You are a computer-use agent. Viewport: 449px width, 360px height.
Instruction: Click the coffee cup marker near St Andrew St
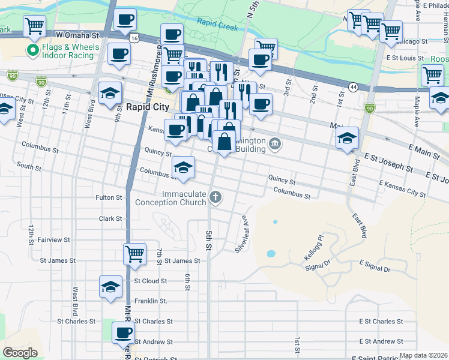click(124, 332)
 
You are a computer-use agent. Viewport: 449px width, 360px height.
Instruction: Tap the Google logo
click(20, 353)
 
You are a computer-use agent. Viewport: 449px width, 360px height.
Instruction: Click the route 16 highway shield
click(136, 38)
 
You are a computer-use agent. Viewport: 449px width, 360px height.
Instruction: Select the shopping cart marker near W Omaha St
click(35, 26)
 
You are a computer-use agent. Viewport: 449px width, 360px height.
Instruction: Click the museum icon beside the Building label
click(275, 142)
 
